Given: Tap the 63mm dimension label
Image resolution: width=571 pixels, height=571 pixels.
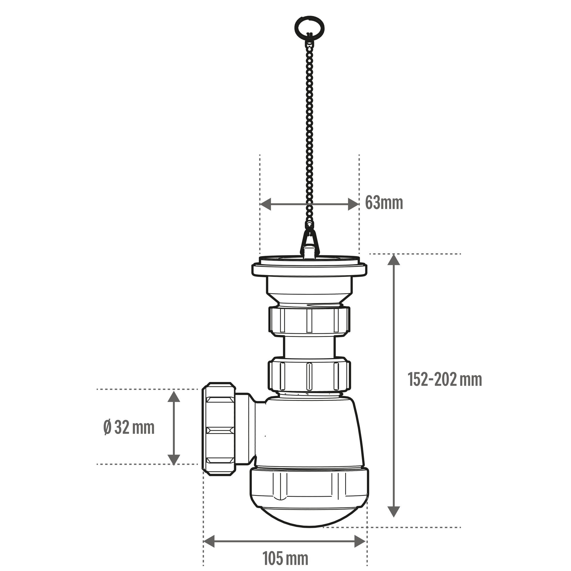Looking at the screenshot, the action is click(384, 203).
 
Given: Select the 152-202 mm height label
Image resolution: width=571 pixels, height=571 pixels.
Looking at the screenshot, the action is click(445, 379).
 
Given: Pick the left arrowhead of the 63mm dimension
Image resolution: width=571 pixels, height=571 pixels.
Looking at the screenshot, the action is click(265, 204).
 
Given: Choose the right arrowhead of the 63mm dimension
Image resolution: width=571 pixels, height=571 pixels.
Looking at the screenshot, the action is click(353, 204).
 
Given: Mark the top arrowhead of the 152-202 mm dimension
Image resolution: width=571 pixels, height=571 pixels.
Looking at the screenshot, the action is click(393, 260).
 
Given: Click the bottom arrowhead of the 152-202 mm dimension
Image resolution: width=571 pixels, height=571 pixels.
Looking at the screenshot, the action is click(393, 512).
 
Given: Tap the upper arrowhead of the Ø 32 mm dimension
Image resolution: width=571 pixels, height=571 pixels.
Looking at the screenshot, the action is click(174, 396).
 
